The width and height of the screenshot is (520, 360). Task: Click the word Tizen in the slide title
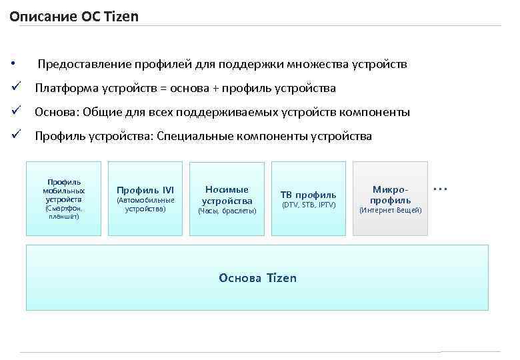(120, 16)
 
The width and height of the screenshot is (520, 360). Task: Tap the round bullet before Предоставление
(13, 65)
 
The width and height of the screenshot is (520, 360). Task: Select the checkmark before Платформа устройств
(15, 88)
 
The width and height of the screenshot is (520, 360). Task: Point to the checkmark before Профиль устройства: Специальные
(15, 136)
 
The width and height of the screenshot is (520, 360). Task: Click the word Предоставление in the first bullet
(80, 65)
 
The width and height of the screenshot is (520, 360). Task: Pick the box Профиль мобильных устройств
(63, 199)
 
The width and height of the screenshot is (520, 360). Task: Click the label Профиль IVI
(145, 190)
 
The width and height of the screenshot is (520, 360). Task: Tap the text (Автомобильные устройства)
(145, 204)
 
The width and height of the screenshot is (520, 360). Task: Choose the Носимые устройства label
(227, 195)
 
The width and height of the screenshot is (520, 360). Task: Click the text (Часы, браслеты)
(227, 211)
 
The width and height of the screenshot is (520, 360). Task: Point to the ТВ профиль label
(308, 195)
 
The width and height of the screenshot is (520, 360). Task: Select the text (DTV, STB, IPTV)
(308, 205)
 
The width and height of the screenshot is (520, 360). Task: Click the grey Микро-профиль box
(391, 199)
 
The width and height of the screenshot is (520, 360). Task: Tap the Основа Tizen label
(257, 277)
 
